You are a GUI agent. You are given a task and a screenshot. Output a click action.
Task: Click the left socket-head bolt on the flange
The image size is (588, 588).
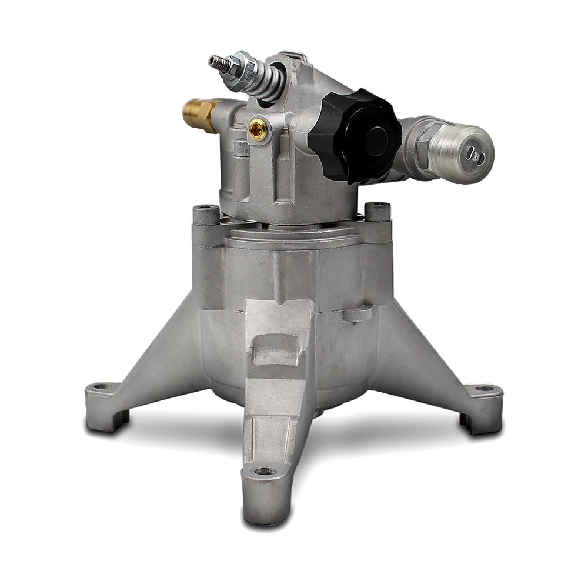pyautogui.click(x=206, y=215)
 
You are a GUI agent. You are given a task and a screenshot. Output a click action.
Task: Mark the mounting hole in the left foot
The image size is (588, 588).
pyautogui.click(x=102, y=387)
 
